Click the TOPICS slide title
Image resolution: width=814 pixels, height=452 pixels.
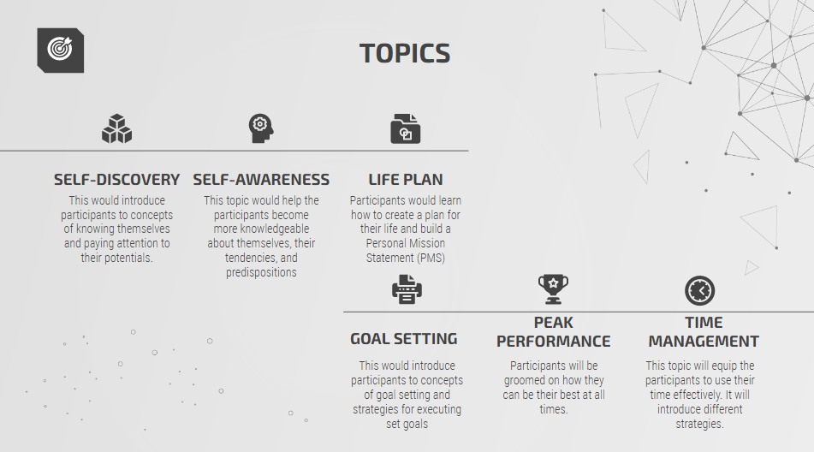(405, 53)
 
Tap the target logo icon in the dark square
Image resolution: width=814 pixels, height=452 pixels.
(60, 49)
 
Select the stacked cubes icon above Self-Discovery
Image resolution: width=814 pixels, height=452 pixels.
(116, 128)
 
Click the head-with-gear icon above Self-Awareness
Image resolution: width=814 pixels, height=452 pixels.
(260, 128)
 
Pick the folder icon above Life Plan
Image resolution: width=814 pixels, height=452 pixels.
(406, 128)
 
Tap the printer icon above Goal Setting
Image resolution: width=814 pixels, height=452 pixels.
(407, 289)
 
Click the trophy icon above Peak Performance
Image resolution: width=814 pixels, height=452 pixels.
(554, 289)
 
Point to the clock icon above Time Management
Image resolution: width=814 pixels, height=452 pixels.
(700, 290)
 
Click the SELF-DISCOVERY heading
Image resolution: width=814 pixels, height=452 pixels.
(116, 180)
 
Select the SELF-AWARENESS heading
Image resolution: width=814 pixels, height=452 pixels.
(261, 180)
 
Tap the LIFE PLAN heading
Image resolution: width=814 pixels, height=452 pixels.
(406, 180)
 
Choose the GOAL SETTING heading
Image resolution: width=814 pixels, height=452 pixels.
(403, 339)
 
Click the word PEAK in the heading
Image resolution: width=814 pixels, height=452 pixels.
(554, 323)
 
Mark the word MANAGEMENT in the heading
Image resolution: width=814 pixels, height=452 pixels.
(704, 342)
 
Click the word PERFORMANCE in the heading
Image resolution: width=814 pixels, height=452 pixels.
(554, 342)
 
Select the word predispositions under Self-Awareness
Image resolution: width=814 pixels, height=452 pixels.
(261, 272)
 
